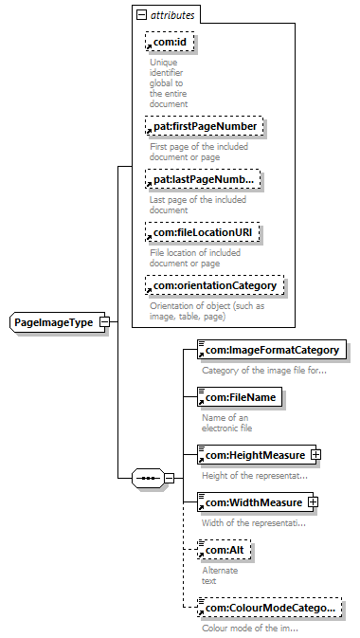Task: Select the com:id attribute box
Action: click(x=170, y=42)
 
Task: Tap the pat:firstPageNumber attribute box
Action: click(x=205, y=126)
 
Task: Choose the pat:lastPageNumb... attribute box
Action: click(x=203, y=179)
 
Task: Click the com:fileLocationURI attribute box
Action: click(x=203, y=233)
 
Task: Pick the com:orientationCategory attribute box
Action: click(x=215, y=285)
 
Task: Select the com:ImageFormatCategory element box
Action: click(x=272, y=350)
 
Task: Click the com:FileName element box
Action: click(x=240, y=397)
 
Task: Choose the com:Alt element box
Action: click(x=225, y=550)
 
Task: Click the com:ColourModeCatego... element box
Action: click(x=270, y=608)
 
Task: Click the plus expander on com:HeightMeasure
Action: click(x=315, y=455)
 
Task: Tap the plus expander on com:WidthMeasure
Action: click(x=313, y=502)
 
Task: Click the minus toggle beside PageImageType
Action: click(x=105, y=322)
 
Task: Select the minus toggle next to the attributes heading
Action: click(x=141, y=15)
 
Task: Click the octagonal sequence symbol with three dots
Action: click(x=149, y=479)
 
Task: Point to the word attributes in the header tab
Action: click(x=172, y=15)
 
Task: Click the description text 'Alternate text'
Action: click(x=220, y=575)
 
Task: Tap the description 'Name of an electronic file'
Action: click(x=227, y=423)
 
